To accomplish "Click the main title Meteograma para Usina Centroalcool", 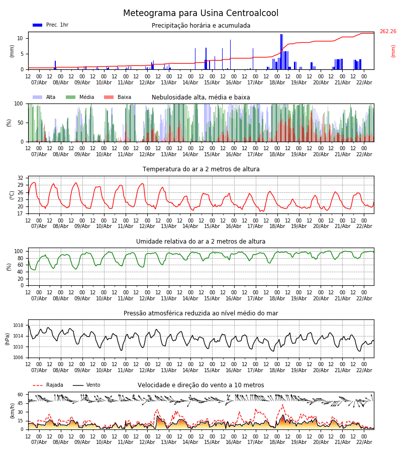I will (x=201, y=14).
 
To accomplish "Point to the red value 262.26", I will (x=387, y=32).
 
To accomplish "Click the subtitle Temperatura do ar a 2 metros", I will (x=201, y=169).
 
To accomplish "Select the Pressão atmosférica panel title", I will (x=201, y=313).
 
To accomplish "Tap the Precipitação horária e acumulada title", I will (x=201, y=26).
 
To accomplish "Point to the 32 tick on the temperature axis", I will (x=20, y=178).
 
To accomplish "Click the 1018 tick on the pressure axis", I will (x=18, y=325).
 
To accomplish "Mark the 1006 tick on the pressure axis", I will (x=18, y=358).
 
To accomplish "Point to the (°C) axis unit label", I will (x=12, y=194).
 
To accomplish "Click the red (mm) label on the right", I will (x=393, y=51).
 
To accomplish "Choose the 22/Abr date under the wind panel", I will (x=364, y=442).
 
